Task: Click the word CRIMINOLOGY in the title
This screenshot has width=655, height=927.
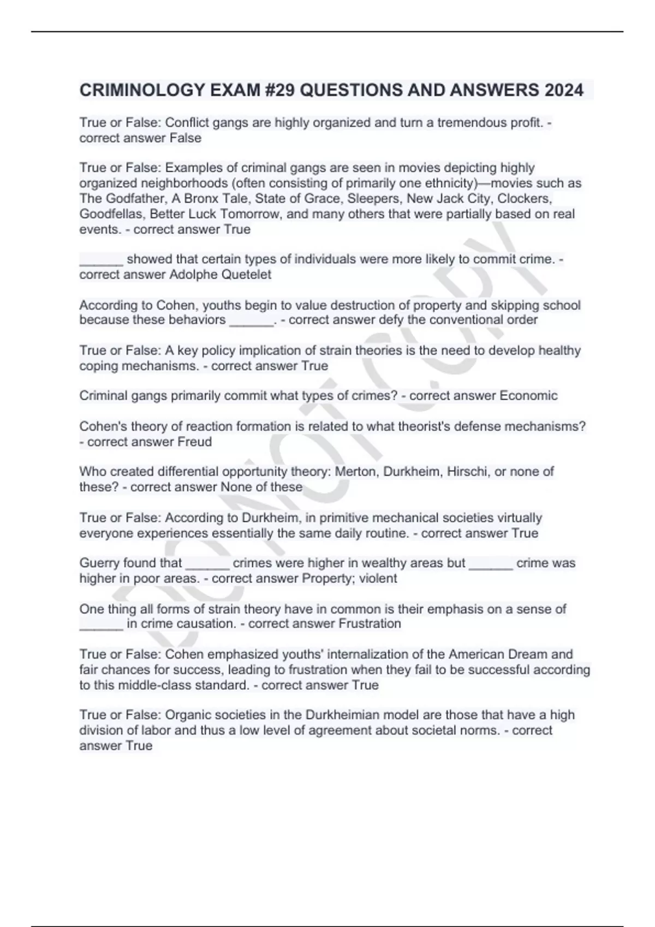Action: (142, 90)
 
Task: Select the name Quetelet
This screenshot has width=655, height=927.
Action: (246, 274)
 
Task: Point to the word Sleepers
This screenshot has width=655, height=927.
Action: (373, 198)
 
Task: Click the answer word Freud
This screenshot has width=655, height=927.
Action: (194, 441)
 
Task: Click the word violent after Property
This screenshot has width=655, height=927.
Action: (377, 578)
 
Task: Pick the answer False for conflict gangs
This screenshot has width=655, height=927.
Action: (185, 138)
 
